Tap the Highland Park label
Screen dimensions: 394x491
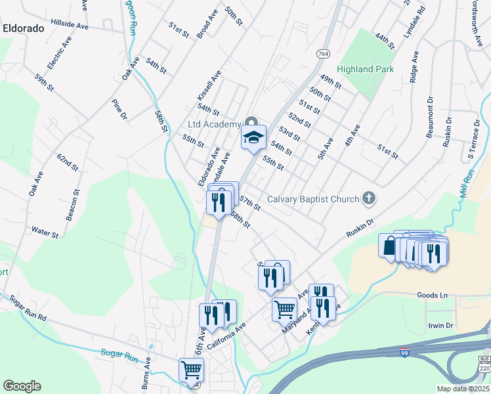click(365, 69)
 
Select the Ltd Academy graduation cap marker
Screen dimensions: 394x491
click(253, 137)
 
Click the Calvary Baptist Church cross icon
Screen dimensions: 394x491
click(369, 198)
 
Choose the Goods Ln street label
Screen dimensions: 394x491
click(431, 295)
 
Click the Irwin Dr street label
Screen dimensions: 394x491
click(440, 326)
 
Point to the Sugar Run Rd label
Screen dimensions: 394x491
click(28, 307)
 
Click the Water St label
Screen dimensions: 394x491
click(45, 231)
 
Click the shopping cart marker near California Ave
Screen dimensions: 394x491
click(191, 370)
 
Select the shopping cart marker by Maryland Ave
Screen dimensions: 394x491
click(284, 308)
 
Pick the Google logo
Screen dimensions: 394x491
click(22, 386)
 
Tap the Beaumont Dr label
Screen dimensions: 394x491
click(430, 118)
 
